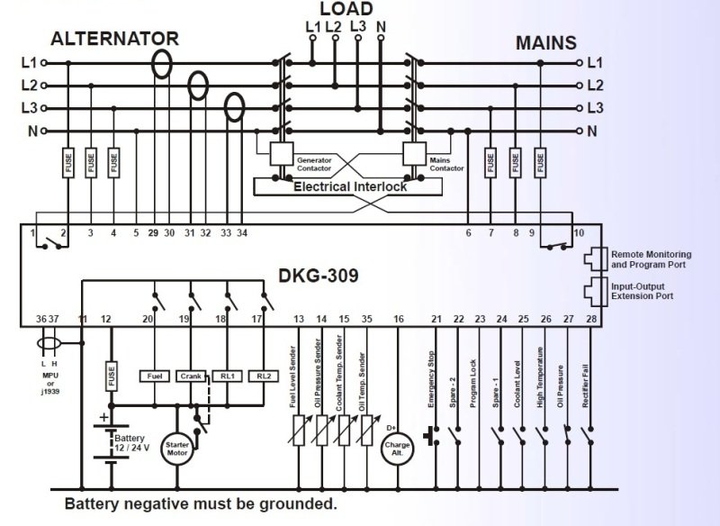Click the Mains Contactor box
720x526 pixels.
click(x=415, y=154)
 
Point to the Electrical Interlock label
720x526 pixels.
click(x=350, y=186)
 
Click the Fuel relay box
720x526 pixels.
click(x=155, y=376)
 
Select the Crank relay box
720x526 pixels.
click(x=192, y=376)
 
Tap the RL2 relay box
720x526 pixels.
click(x=263, y=376)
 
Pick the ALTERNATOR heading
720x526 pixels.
click(x=114, y=39)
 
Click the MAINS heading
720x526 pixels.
click(x=546, y=43)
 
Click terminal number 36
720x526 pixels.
click(x=40, y=318)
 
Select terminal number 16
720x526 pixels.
click(x=399, y=318)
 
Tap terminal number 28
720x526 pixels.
click(x=590, y=318)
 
